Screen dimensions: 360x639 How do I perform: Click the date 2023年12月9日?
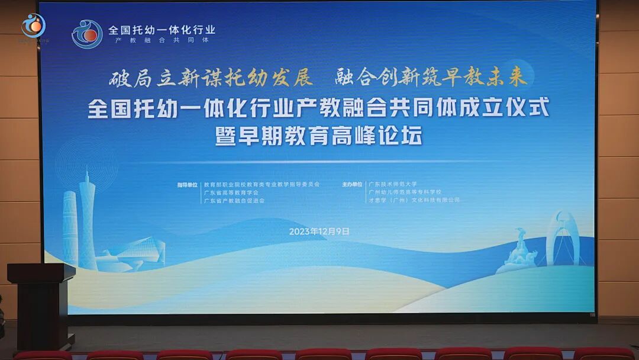coord(319,232)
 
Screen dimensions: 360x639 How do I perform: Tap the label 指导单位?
coord(187,184)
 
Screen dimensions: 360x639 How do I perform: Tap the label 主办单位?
coord(351,184)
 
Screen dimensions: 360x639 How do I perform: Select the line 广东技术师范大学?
coord(393,184)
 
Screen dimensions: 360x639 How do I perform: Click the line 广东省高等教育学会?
coord(230,192)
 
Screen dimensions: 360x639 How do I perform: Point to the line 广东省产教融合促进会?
coord(234,201)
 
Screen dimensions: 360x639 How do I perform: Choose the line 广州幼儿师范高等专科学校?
coord(405,192)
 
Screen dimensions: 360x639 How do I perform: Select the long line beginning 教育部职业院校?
coord(262,184)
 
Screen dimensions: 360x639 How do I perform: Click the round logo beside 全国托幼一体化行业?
coord(87,34)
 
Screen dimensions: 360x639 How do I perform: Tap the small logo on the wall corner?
coord(33,25)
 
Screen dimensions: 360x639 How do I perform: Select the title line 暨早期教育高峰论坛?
coord(319,136)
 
